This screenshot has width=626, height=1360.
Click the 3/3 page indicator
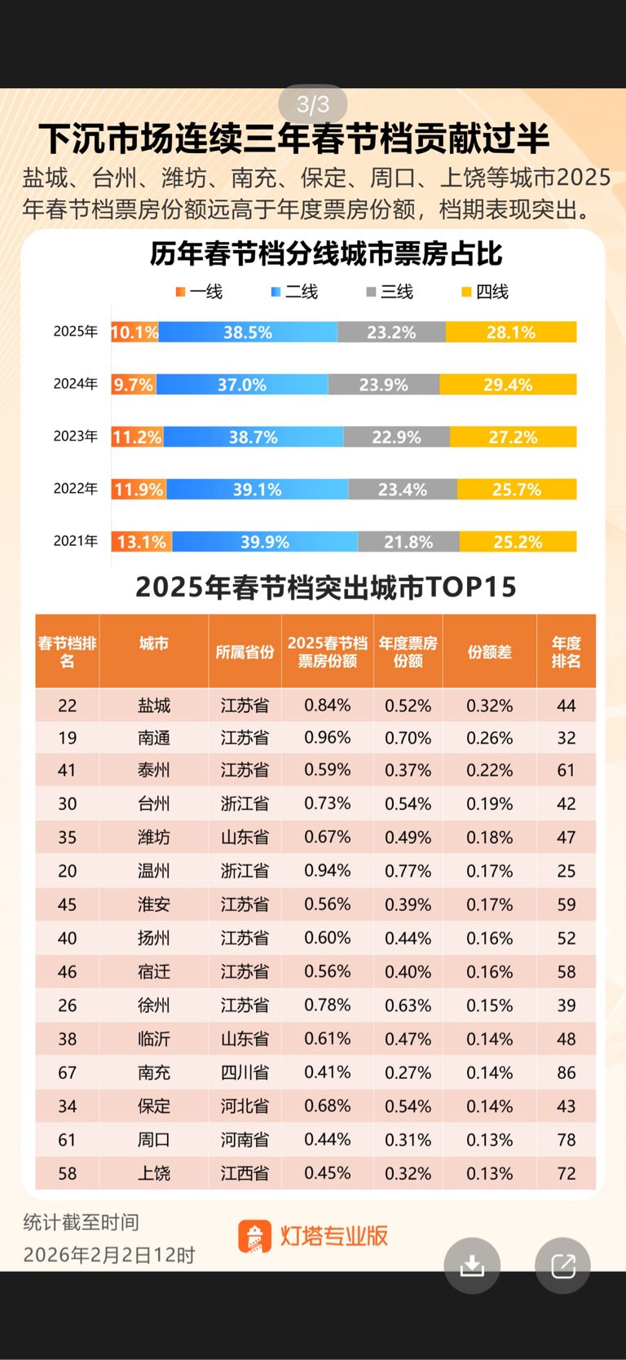(313, 104)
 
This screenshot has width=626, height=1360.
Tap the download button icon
(472, 1265)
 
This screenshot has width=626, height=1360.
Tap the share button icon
(562, 1265)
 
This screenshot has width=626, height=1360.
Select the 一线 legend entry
(199, 292)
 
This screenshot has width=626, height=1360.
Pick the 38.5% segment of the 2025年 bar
(248, 332)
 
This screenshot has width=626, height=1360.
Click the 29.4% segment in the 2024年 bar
(508, 385)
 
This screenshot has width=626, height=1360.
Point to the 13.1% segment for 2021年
(142, 542)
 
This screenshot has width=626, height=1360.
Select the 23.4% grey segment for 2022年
(403, 490)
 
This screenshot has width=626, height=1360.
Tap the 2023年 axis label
(76, 437)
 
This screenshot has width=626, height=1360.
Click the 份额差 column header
(489, 652)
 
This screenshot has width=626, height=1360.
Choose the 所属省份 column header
(245, 652)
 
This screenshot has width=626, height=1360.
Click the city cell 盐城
(154, 706)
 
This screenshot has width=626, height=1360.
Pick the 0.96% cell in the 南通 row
(327, 737)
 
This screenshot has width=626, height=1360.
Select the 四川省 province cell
(245, 1072)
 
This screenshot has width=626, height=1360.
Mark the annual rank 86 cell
(566, 1072)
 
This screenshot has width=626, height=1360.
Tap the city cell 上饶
(154, 1173)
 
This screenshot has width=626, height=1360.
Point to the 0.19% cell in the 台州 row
(489, 804)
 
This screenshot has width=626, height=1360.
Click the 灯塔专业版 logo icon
(254, 1236)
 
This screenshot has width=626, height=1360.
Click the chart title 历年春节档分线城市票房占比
(326, 254)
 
